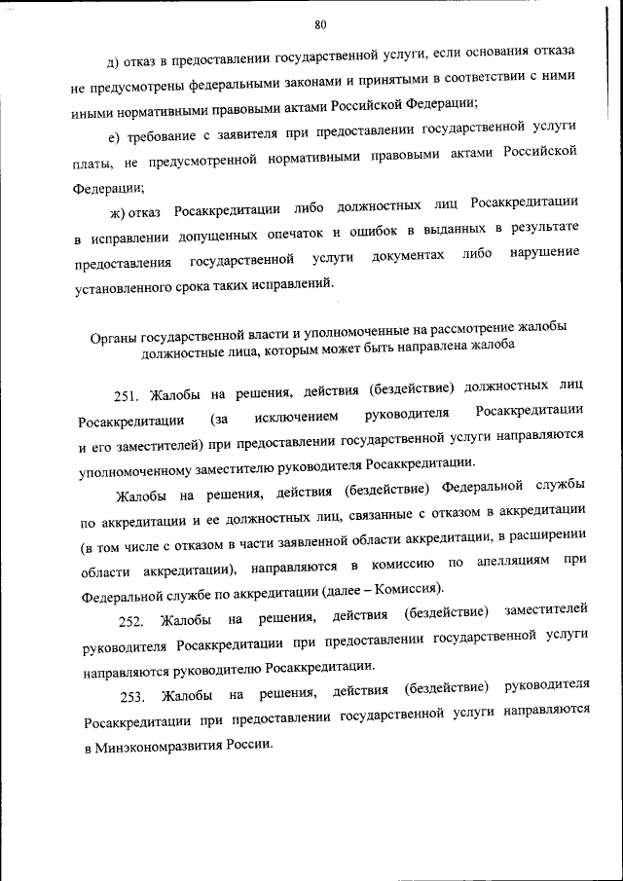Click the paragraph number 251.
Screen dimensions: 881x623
[128, 395]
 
